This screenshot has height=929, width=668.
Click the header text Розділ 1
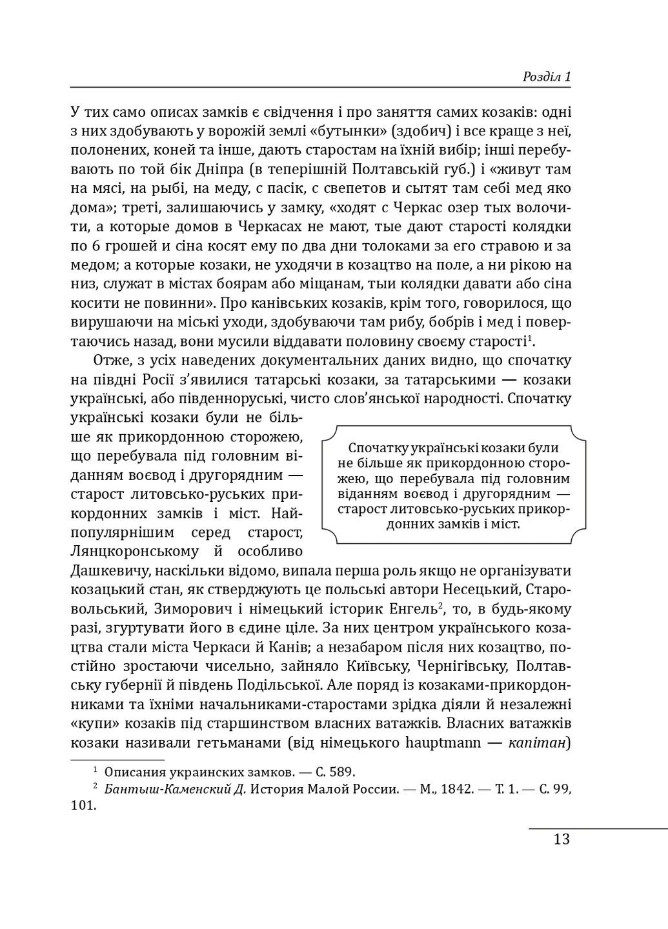546,77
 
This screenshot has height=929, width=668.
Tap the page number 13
562,839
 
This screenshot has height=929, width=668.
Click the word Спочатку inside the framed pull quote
376,448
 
